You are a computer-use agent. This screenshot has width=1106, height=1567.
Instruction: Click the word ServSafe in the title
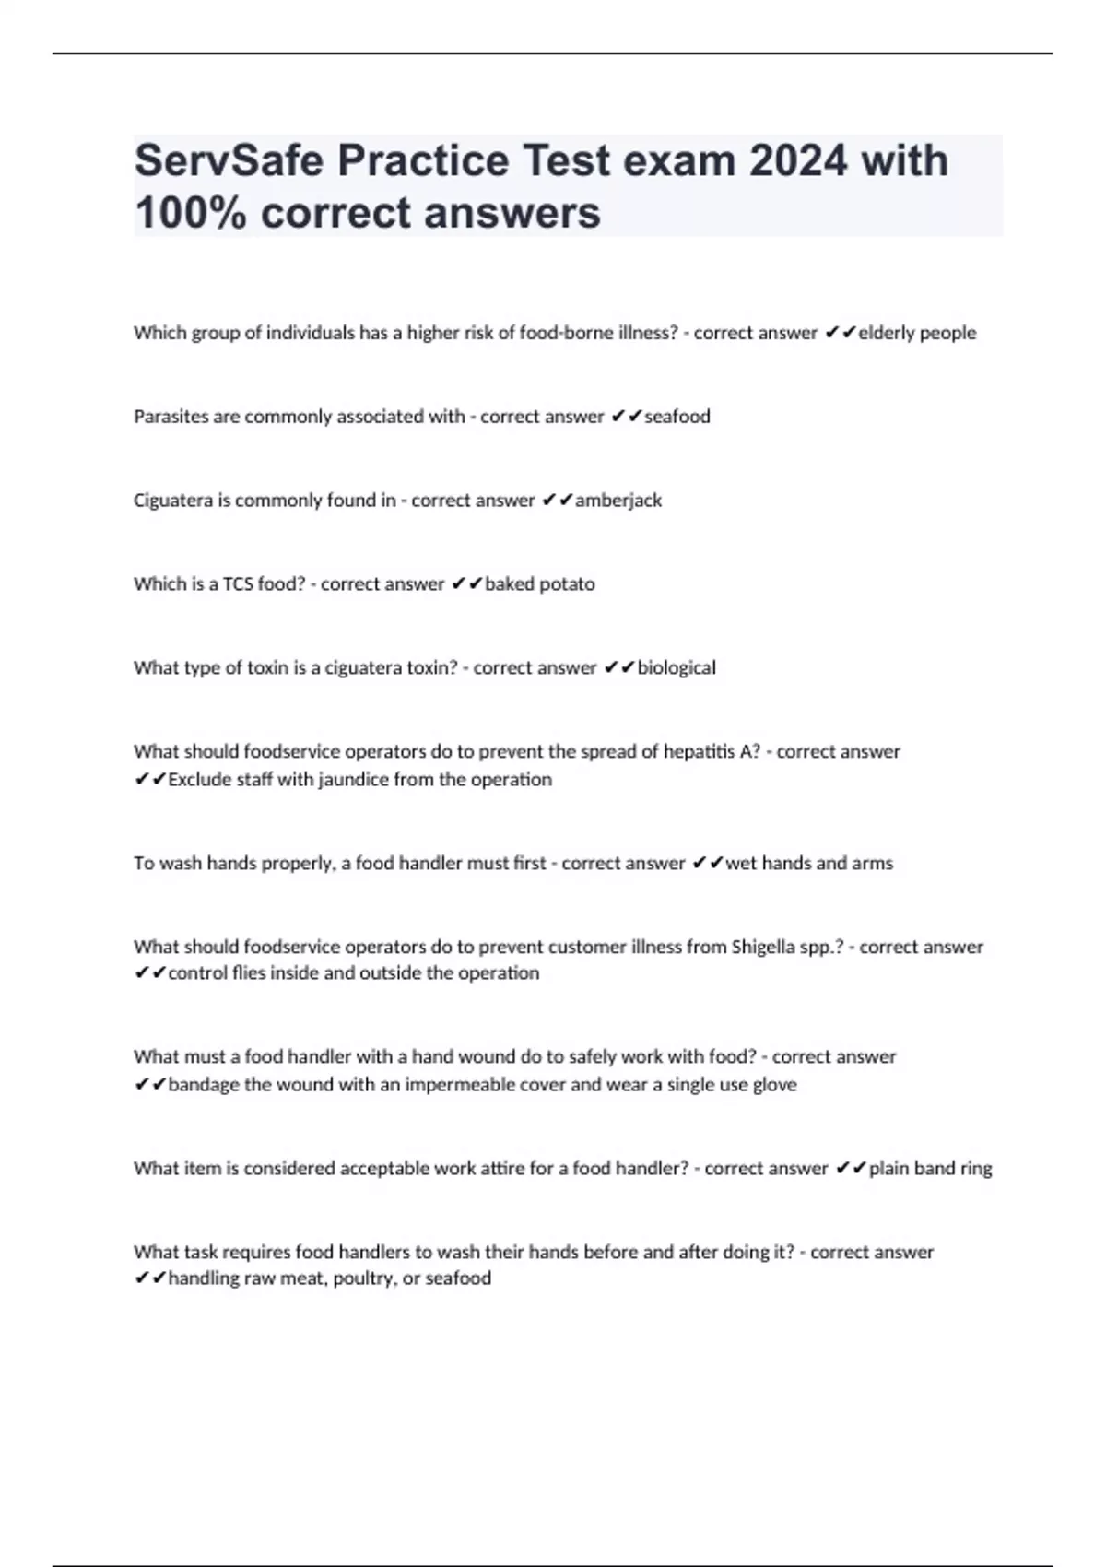229,161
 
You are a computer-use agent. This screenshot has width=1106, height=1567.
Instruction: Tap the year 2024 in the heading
797,161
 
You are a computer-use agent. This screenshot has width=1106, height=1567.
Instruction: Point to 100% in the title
191,213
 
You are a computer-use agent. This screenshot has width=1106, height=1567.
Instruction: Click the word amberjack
618,501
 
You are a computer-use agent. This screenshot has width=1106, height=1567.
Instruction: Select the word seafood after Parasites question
677,417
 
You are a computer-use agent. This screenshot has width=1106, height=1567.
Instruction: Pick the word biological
677,668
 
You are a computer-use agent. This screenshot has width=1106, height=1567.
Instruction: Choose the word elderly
888,333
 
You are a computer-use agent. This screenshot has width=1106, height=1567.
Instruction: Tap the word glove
774,1085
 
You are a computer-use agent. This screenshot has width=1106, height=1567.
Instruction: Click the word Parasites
171,417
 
